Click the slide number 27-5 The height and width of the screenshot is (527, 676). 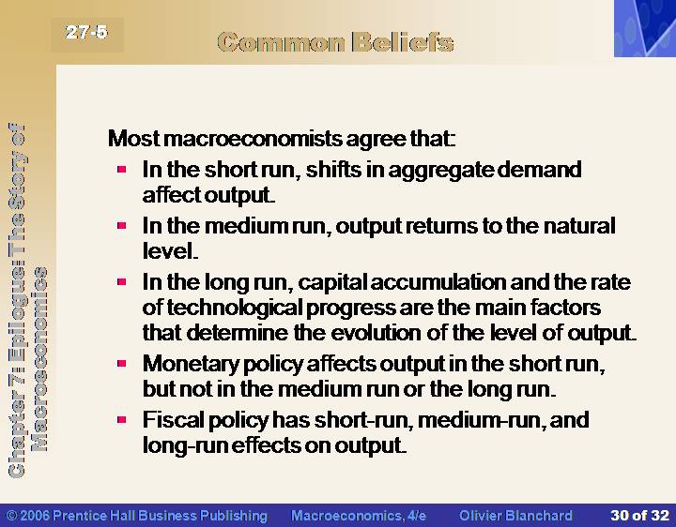click(86, 32)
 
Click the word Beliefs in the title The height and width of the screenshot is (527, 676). click(403, 42)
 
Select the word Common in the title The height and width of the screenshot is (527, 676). click(282, 42)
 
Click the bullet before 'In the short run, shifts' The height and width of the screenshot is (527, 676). click(121, 169)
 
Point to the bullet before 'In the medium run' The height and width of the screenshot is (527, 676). click(121, 225)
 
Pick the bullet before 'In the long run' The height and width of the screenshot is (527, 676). click(121, 281)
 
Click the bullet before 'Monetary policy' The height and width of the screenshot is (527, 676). click(121, 364)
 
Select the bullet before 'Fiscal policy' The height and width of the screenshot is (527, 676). click(121, 419)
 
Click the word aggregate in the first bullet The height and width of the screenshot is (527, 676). click(440, 171)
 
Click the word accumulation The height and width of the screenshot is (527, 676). click(438, 282)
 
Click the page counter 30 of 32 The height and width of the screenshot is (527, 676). click(639, 516)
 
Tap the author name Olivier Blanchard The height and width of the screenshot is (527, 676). click(515, 516)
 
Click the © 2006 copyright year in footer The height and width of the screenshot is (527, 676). click(28, 516)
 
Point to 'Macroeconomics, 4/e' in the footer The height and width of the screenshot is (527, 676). click(359, 516)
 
